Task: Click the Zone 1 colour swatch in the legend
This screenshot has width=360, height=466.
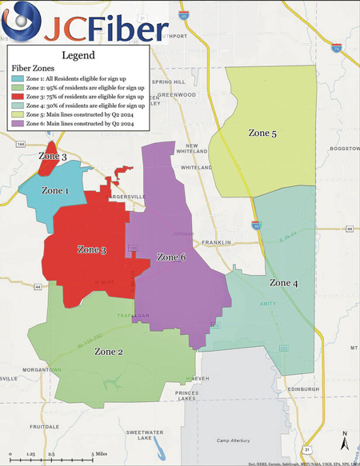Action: [x=18, y=78]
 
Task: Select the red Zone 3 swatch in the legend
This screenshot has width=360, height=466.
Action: [x=18, y=96]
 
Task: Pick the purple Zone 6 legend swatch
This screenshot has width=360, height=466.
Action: [x=18, y=122]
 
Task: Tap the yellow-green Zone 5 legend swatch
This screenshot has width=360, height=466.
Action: [x=18, y=114]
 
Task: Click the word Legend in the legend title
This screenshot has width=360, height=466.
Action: [x=78, y=55]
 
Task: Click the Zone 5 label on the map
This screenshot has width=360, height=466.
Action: [x=262, y=133]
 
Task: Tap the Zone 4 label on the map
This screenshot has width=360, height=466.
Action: [x=284, y=283]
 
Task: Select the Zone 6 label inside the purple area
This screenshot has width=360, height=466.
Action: [x=171, y=257]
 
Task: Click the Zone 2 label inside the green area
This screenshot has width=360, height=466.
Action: [x=109, y=351]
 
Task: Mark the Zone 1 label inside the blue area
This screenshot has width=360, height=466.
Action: [x=55, y=191]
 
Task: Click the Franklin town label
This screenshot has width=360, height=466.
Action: [x=216, y=242]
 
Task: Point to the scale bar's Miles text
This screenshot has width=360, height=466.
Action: [x=102, y=453]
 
